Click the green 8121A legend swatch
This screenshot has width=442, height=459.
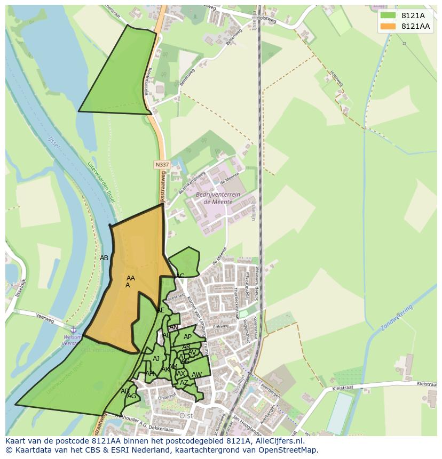tap(388, 15)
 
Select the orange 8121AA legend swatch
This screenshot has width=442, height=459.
tap(388, 26)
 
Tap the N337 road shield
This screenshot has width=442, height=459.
tap(162, 165)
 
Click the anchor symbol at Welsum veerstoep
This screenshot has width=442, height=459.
tap(74, 331)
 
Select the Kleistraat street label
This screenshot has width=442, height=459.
tap(427, 383)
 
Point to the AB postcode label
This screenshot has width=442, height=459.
tap(104, 258)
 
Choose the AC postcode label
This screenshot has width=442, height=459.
tap(180, 276)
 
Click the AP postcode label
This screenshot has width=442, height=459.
tap(187, 337)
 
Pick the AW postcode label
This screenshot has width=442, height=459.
tap(196, 375)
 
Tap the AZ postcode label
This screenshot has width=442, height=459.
tap(184, 383)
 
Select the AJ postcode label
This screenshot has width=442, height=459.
tap(156, 359)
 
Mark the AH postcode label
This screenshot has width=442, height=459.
tap(149, 374)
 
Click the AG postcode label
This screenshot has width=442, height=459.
tap(131, 396)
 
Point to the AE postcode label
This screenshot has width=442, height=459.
tap(161, 310)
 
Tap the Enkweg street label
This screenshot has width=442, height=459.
tap(220, 327)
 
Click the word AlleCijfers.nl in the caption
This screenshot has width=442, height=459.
tap(278, 441)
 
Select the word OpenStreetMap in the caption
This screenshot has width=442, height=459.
tap(291, 450)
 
